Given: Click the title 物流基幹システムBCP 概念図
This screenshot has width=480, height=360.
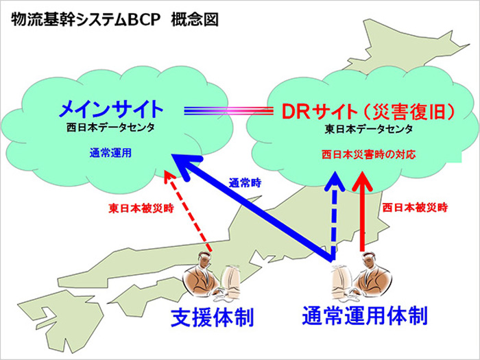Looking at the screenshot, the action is (x=115, y=20).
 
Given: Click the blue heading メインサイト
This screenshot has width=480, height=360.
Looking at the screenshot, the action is (x=112, y=109).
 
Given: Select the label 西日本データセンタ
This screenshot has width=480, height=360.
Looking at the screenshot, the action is (x=110, y=128).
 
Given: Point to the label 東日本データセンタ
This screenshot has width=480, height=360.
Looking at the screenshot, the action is (x=369, y=129).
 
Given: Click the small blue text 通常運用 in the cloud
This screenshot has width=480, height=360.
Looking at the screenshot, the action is (x=110, y=153).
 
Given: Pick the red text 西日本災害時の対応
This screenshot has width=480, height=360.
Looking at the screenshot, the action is (x=369, y=154).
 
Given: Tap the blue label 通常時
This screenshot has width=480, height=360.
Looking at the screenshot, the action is (x=245, y=183).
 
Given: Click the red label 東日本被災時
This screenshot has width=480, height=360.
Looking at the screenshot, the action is (x=141, y=208).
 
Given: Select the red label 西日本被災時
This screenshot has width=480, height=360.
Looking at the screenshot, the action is (x=415, y=208).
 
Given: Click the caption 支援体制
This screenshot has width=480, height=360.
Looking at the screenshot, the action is (x=212, y=317).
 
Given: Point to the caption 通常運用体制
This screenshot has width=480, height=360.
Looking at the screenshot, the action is (x=365, y=315).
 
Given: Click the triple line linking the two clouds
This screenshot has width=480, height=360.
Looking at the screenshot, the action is (x=228, y=111).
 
